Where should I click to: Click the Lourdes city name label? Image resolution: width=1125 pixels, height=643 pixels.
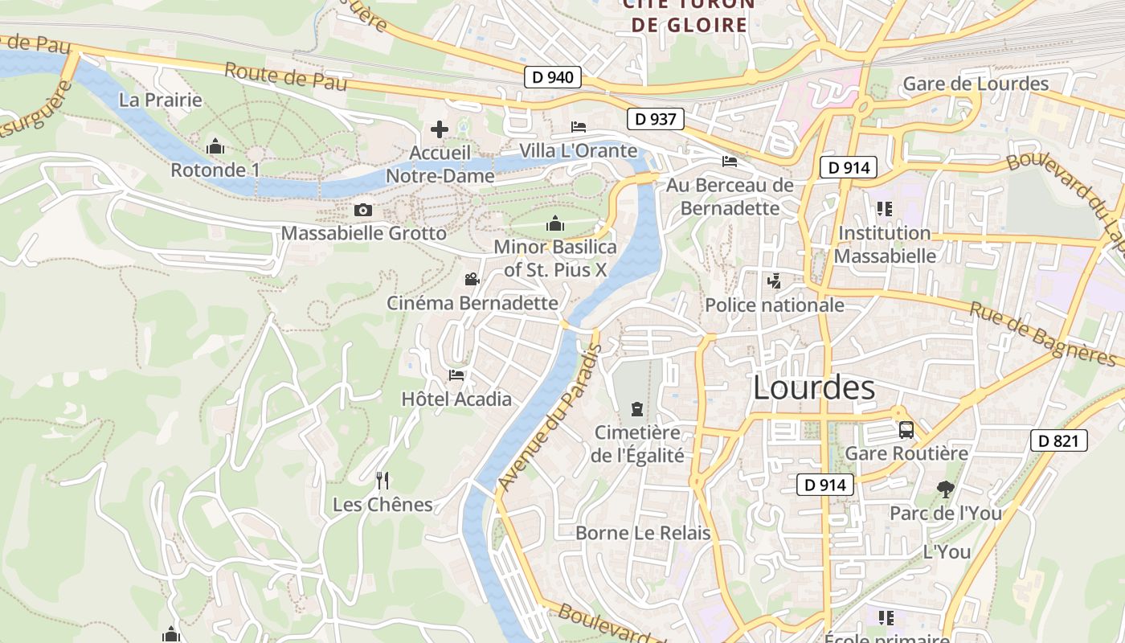click(814, 388)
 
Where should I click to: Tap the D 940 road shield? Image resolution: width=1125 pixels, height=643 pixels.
click(552, 78)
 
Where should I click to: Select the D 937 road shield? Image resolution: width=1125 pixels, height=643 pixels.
click(655, 119)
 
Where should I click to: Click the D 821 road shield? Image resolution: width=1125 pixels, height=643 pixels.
click(1059, 440)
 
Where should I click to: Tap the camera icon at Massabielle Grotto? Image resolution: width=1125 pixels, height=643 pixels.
click(363, 211)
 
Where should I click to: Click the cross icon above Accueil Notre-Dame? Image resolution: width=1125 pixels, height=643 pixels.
click(440, 129)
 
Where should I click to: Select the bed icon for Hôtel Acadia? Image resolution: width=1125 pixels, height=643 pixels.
click(456, 375)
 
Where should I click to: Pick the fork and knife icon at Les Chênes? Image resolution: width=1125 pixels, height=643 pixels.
click(382, 481)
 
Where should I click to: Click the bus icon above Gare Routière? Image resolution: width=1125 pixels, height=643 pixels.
click(906, 430)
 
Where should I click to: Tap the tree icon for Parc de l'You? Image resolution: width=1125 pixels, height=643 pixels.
click(945, 489)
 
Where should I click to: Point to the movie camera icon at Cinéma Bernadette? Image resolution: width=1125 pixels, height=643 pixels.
click(472, 280)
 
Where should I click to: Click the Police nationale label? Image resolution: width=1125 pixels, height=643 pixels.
click(775, 305)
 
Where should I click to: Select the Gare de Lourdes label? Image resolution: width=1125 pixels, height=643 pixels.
click(976, 84)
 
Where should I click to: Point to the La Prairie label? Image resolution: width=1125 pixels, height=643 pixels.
click(161, 100)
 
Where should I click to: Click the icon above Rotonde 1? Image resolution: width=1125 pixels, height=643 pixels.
click(215, 147)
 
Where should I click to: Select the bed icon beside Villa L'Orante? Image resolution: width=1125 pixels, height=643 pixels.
click(579, 127)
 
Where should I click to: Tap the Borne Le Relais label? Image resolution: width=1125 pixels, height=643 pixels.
click(643, 533)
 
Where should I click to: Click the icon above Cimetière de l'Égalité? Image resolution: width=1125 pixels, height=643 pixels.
click(637, 409)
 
